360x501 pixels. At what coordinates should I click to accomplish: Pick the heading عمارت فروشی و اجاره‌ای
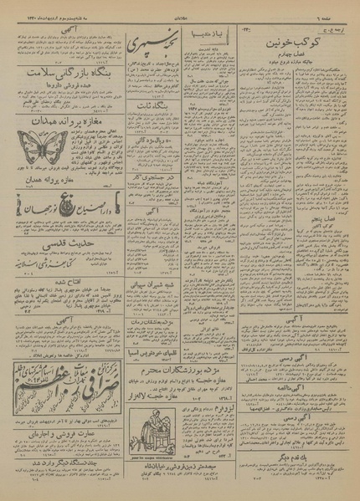click(x=59, y=435)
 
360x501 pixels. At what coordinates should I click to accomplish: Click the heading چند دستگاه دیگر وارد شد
click(x=59, y=463)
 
